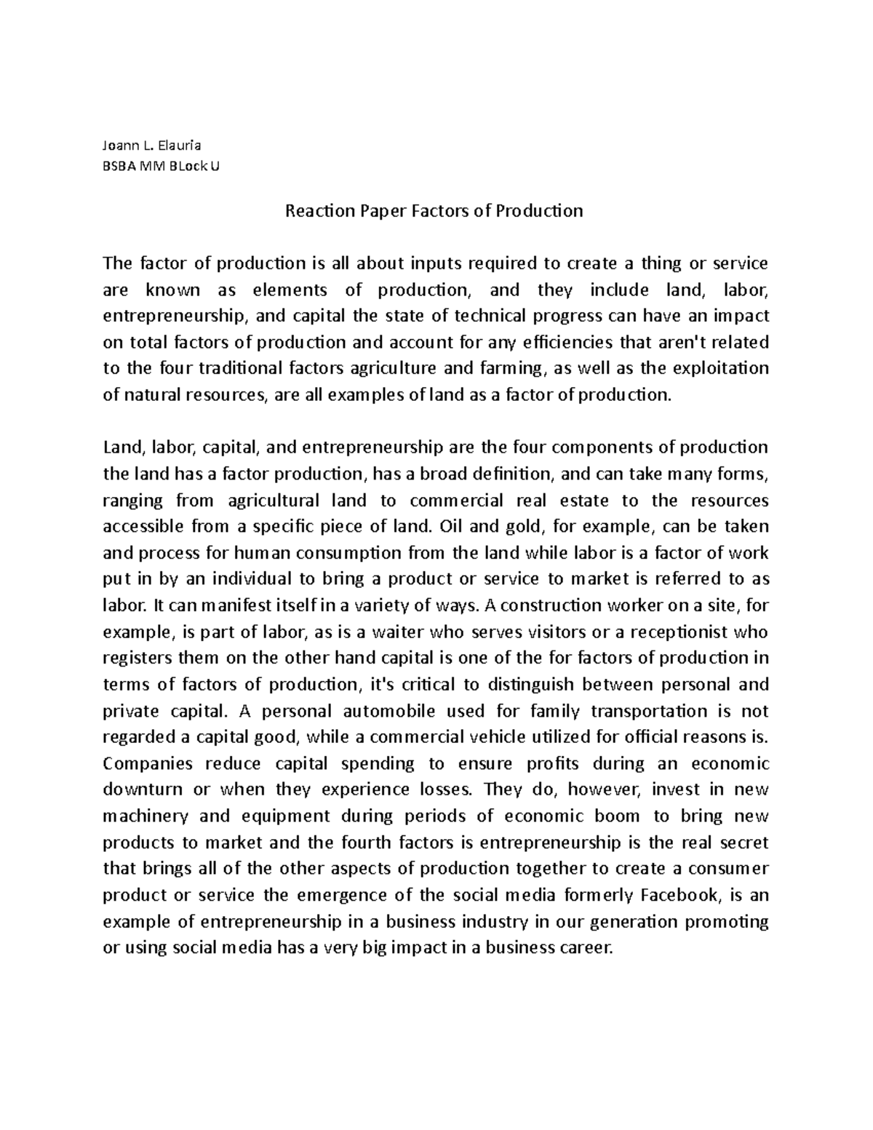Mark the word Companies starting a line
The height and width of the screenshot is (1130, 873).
click(148, 763)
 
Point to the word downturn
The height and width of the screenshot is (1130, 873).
click(143, 789)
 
